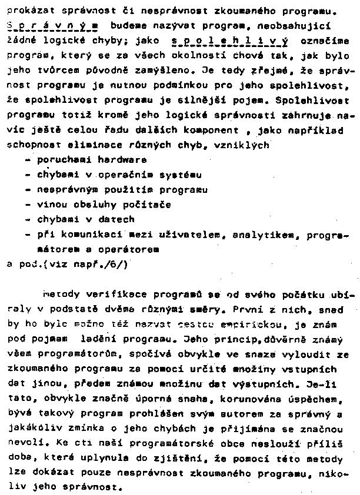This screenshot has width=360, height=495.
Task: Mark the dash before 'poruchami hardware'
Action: tap(29, 160)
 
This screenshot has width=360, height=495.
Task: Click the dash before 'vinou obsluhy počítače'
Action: tap(29, 205)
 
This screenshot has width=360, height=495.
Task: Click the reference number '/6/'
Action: tap(116, 264)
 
